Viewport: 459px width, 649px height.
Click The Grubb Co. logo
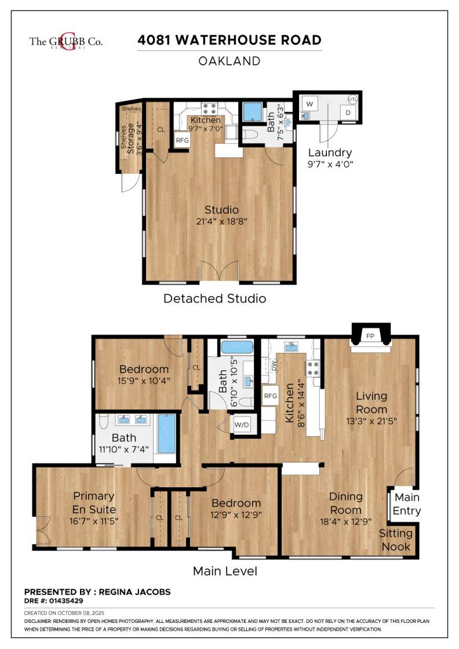pos(66,41)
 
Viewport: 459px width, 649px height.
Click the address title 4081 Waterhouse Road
pos(230,40)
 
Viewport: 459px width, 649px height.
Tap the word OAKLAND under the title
pos(230,61)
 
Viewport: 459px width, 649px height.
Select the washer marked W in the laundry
pos(309,104)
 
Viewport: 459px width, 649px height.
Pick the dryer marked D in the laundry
pos(348,112)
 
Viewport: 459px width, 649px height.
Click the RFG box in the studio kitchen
pos(182,140)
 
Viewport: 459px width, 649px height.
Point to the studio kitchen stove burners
pos(209,108)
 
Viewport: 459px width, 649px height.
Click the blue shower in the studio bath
pos(252,112)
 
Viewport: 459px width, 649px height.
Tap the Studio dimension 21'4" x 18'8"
pos(221,221)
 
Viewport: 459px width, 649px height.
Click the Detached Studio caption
pos(215,298)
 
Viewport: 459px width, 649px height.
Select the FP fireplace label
pos(370,336)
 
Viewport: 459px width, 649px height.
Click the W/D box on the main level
pos(242,425)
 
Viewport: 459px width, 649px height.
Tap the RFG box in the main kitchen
pos(270,396)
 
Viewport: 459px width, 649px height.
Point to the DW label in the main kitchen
pos(273,366)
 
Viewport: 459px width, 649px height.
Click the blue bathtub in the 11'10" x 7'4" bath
pos(167,433)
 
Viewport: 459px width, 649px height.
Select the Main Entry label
pos(407,504)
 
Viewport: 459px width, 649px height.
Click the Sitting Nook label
pos(396,539)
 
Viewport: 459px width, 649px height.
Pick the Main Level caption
pos(225,571)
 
